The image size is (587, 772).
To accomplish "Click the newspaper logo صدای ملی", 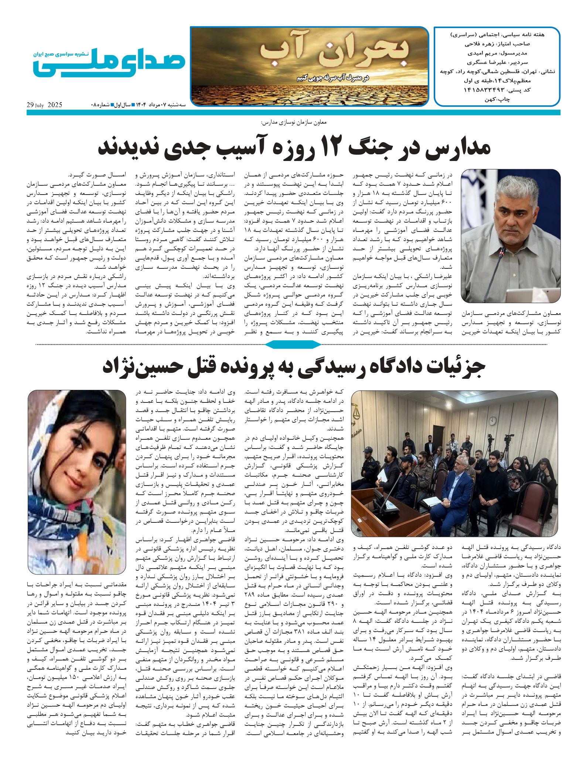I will (109, 63).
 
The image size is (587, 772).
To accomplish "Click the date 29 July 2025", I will (44, 105).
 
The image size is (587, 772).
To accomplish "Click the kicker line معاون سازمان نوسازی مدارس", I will (294, 122).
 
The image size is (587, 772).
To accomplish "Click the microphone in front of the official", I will (502, 255).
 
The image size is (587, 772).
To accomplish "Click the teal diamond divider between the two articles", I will (293, 345).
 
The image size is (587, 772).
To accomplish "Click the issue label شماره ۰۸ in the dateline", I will (100, 105).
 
